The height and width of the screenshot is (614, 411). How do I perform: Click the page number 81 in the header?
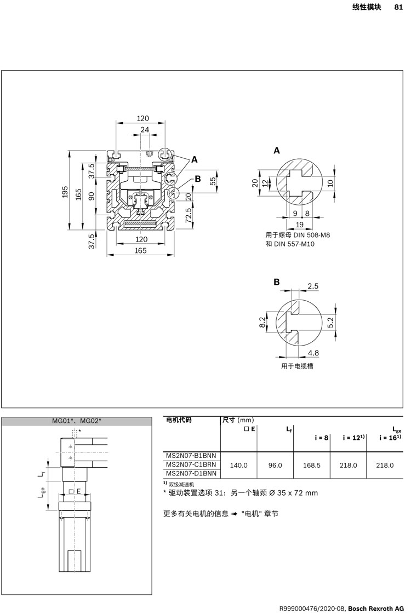(398, 7)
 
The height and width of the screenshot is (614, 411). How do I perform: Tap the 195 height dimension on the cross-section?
(65, 192)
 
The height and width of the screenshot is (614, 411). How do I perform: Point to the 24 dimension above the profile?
(144, 130)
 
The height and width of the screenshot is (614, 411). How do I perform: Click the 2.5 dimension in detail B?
(313, 286)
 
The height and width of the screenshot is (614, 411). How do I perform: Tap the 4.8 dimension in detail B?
(313, 353)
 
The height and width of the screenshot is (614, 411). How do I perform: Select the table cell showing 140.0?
(239, 465)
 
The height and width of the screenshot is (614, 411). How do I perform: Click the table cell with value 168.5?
(311, 465)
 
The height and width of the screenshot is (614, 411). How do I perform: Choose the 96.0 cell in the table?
(275, 465)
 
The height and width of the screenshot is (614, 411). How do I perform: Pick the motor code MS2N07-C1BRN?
(191, 464)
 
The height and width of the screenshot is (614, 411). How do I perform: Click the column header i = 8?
(321, 438)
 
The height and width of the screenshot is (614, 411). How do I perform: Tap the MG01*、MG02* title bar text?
(77, 421)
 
